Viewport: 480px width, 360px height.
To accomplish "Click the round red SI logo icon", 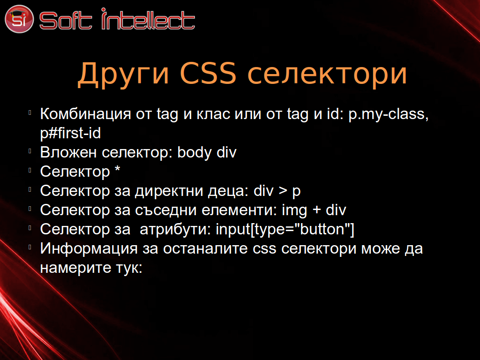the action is click(x=19, y=19).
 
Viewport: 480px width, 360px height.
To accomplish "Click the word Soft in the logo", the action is click(x=66, y=21).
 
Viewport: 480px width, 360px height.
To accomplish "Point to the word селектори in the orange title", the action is click(x=327, y=75).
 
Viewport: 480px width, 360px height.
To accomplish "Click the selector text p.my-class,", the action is click(x=389, y=114).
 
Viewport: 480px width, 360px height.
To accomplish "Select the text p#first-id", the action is click(x=70, y=133).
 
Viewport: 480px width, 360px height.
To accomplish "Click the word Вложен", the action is click(x=68, y=152).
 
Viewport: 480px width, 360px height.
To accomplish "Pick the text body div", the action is click(x=207, y=152).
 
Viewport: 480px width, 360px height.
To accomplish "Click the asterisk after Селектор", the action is click(x=118, y=169).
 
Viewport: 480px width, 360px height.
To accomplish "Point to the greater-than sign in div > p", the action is click(x=283, y=191).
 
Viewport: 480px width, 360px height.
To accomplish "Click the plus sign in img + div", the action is click(x=316, y=210).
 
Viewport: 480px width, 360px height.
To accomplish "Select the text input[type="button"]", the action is click(x=285, y=230).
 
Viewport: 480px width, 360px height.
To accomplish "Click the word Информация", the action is click(x=89, y=249).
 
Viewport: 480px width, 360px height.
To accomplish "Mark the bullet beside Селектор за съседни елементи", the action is click(x=30, y=209).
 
